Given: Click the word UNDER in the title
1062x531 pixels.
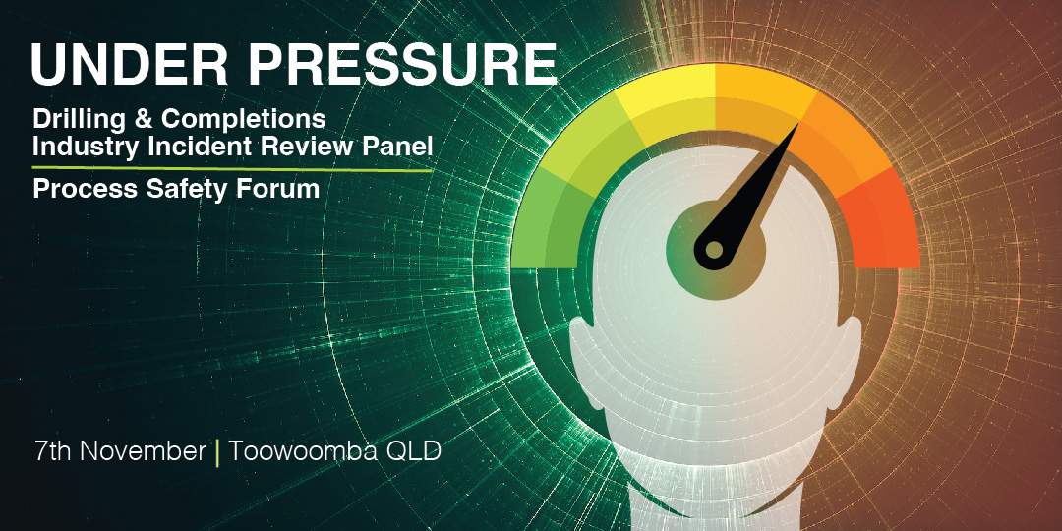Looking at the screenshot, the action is coord(129,65).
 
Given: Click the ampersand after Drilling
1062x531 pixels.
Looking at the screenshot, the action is coord(144,119).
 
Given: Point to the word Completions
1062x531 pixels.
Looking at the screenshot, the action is coord(243,120).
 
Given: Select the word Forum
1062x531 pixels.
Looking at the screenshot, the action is coord(277,189).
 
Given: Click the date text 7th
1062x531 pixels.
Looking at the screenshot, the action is coord(52,451).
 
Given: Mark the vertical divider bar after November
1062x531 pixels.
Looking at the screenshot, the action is coord(216,452).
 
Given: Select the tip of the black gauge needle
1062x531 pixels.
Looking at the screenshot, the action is coord(798,124).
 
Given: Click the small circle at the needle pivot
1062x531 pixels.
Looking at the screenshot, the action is coord(715,250).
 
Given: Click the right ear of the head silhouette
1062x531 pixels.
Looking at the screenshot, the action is coord(849,359).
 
